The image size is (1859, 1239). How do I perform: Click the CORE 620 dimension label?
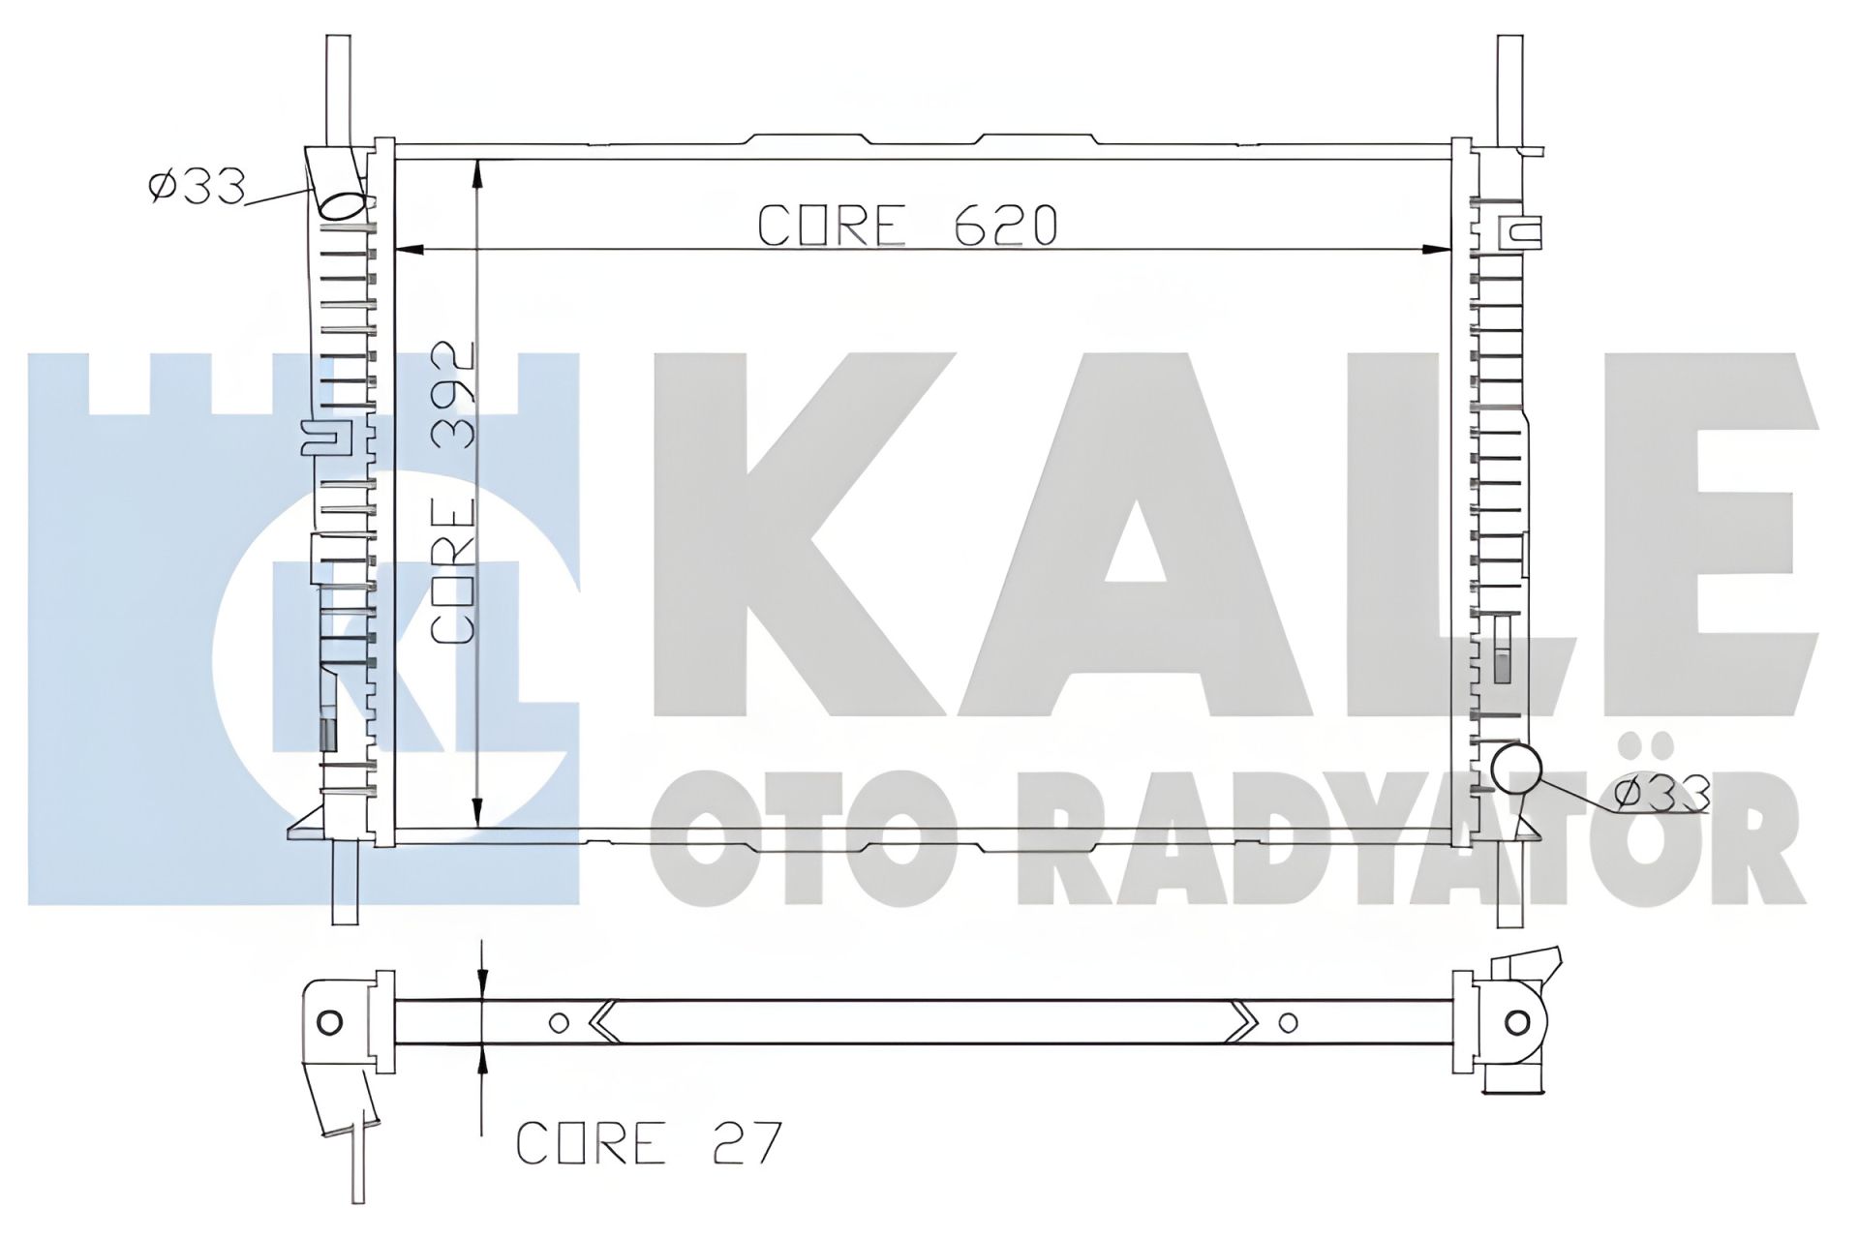pyautogui.click(x=906, y=226)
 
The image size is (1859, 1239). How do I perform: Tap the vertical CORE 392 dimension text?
pyautogui.click(x=453, y=494)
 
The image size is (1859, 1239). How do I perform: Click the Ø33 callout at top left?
pyautogui.click(x=197, y=187)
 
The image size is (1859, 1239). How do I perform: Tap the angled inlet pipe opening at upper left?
pyautogui.click(x=344, y=205)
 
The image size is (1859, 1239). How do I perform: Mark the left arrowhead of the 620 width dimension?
pyautogui.click(x=411, y=250)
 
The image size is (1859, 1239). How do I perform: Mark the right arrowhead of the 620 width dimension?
pyautogui.click(x=1439, y=250)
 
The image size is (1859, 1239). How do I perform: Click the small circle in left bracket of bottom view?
pyautogui.click(x=329, y=1022)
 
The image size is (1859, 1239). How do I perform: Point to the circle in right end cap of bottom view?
pyautogui.click(x=1517, y=1022)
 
